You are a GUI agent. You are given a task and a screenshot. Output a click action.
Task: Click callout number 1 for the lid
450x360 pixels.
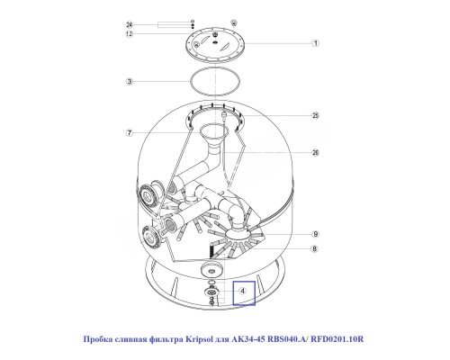pos(315,43)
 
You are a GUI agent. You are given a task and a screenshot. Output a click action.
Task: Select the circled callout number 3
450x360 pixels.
pos(130,81)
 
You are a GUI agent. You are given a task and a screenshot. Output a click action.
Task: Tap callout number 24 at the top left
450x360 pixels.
pos(130,23)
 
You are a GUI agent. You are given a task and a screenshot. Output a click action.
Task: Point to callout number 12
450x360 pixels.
pos(130,34)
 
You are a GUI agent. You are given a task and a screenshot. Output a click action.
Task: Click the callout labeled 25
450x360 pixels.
pos(315,116)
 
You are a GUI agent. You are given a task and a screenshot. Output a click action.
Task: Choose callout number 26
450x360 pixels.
pos(315,153)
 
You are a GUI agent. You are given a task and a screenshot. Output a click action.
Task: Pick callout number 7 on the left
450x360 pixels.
pos(130,133)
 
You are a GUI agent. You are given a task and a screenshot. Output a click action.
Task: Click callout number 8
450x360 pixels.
pos(315,248)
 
